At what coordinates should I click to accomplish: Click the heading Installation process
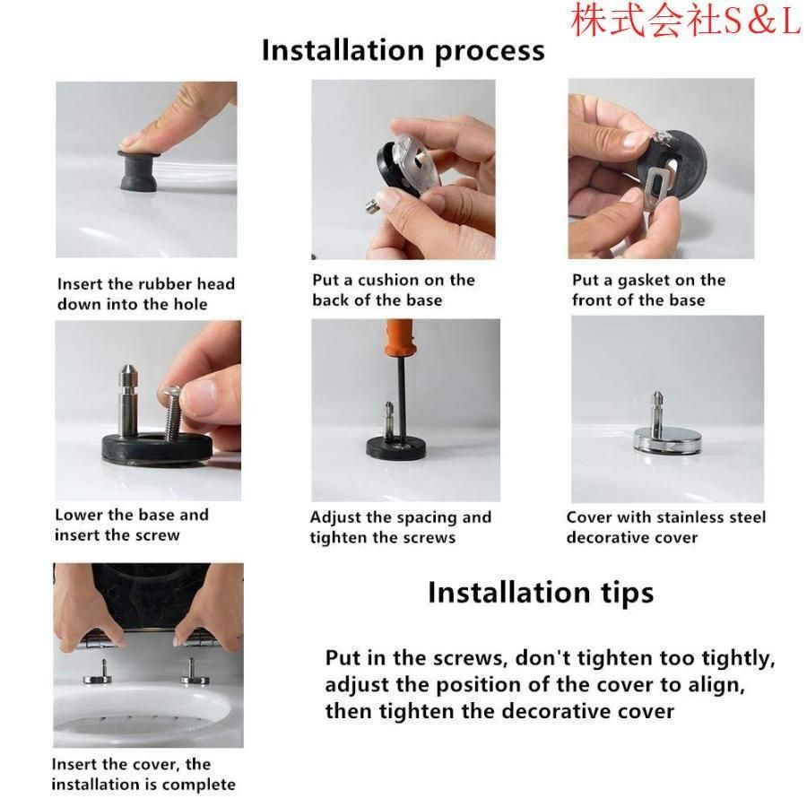403,51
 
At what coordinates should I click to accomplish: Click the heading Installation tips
541,593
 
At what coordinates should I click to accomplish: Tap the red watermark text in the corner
686,20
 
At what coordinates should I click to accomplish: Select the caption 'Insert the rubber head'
146,283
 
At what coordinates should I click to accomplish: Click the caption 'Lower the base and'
132,515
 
